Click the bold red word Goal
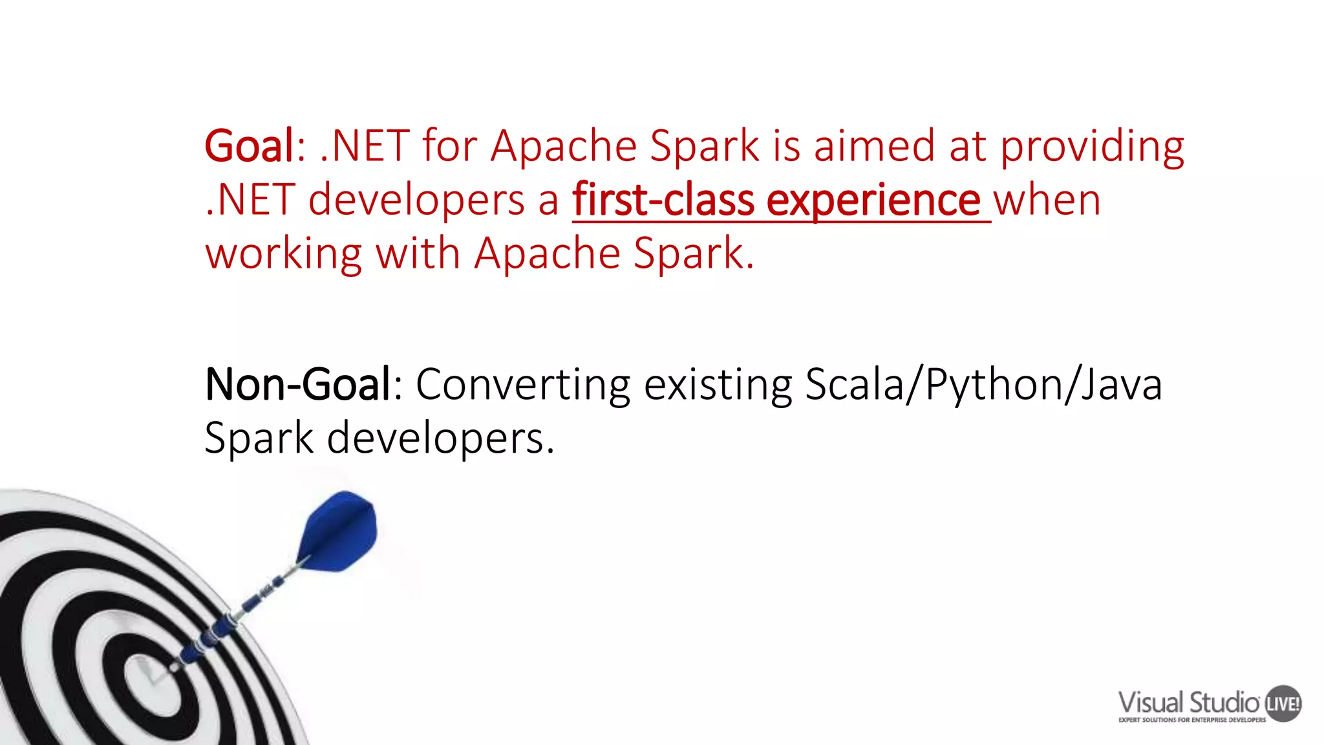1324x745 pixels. click(x=249, y=146)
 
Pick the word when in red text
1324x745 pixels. click(x=1047, y=200)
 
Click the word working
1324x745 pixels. click(x=284, y=254)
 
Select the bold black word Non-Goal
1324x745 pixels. click(x=297, y=385)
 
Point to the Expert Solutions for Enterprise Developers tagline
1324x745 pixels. click(x=1191, y=720)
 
